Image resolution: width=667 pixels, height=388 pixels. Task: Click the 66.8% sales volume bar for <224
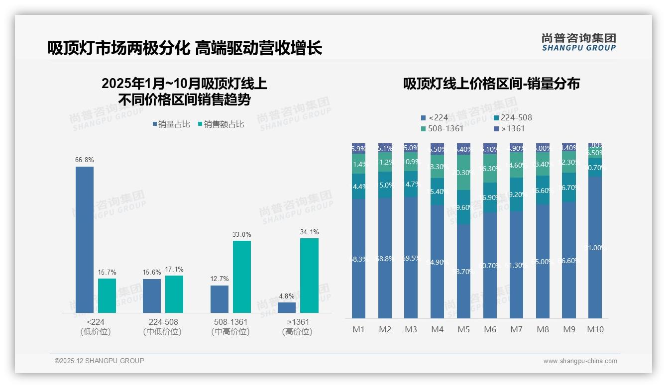[85, 239]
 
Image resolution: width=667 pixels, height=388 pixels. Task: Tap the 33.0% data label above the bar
[242, 234]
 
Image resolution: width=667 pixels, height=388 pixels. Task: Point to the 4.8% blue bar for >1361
[287, 307]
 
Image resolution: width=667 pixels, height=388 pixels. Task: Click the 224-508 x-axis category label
[163, 322]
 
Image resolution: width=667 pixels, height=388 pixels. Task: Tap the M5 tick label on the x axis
[463, 329]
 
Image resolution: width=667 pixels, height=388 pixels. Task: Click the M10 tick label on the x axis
[595, 329]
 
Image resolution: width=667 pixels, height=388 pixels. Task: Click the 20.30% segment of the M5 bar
[463, 172]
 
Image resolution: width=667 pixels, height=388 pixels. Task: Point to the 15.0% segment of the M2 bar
[385, 185]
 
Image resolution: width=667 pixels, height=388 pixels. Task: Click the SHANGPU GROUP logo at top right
[578, 42]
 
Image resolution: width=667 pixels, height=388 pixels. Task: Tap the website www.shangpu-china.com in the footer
[580, 361]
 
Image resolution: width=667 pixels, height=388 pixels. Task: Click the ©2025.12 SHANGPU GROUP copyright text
[100, 361]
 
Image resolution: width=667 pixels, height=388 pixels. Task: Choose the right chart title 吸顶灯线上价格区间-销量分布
[491, 84]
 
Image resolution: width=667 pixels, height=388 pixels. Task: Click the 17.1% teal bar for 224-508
[174, 294]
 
